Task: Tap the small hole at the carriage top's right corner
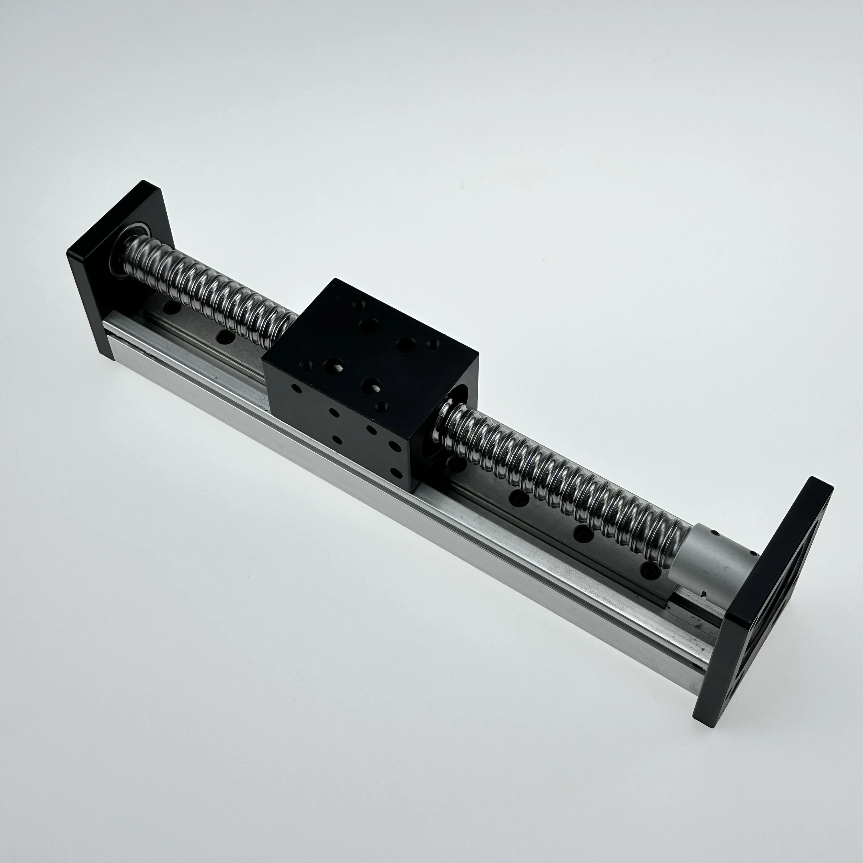[432, 344]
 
